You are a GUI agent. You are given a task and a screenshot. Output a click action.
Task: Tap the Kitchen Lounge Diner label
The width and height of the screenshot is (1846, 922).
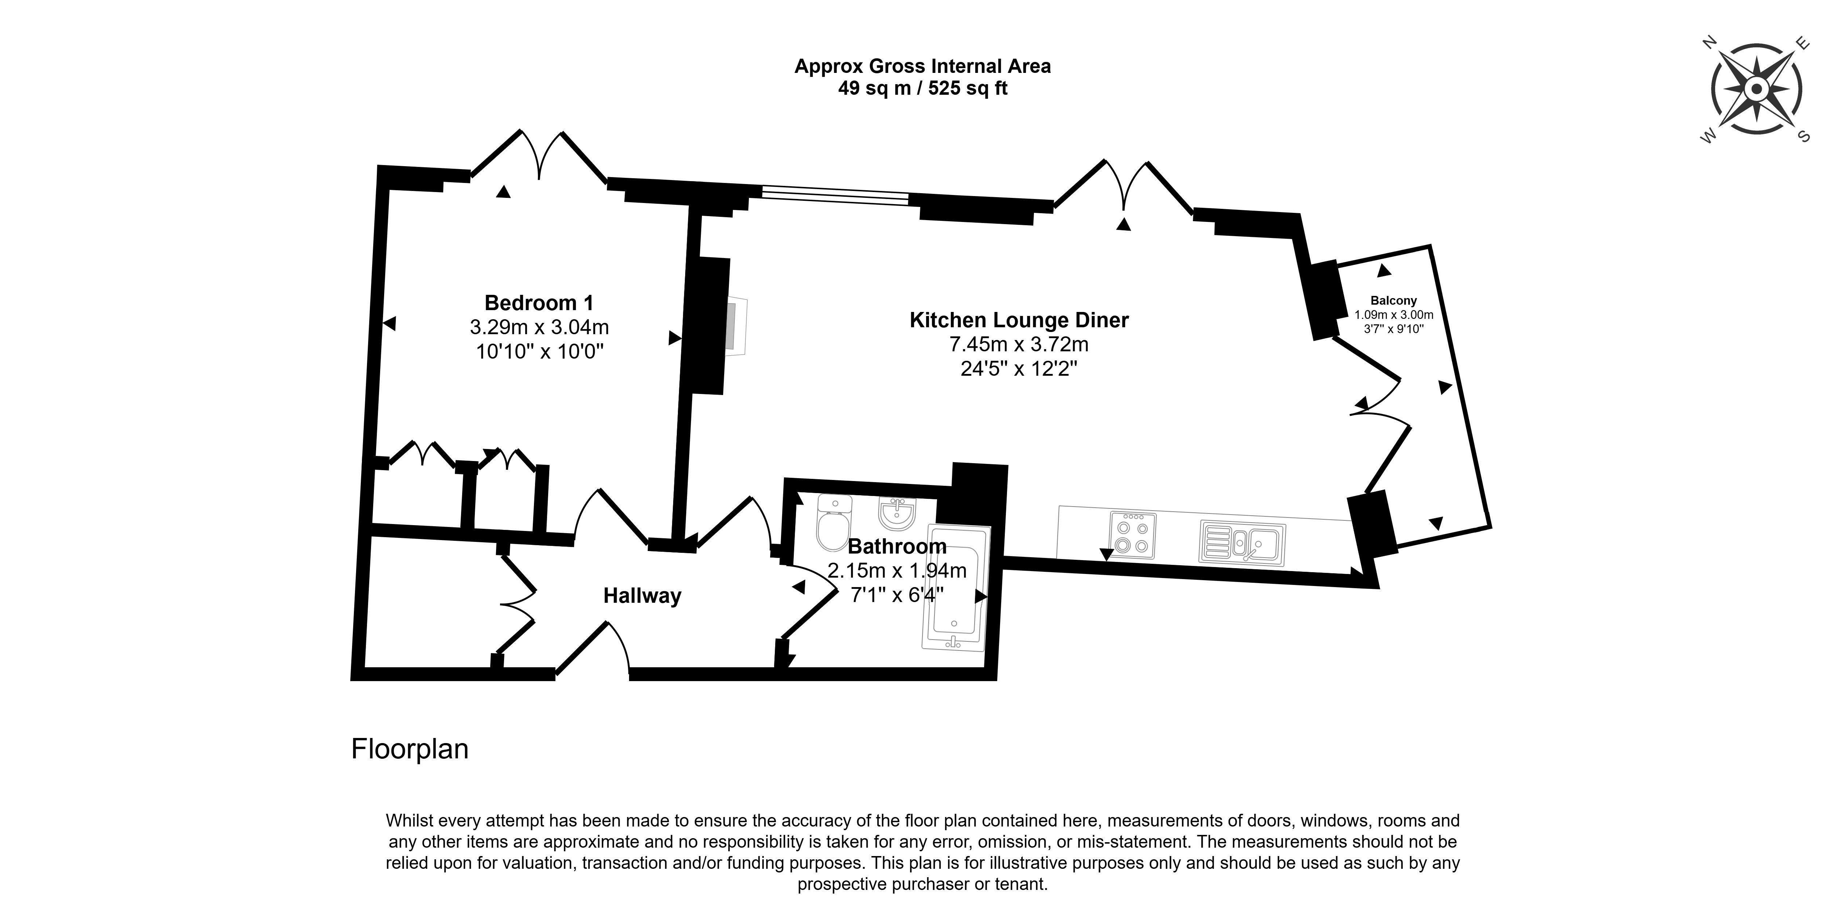coord(1019,320)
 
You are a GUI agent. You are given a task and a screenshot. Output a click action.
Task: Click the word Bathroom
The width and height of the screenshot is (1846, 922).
coord(897,547)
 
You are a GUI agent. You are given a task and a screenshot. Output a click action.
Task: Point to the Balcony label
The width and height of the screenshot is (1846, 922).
coord(1394,301)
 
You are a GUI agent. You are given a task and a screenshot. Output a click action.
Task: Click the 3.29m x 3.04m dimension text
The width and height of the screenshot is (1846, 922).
coord(539,327)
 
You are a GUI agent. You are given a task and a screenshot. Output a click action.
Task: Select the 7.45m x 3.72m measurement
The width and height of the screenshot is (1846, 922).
coord(1019,345)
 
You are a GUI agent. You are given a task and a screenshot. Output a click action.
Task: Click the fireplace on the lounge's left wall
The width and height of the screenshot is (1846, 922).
coord(736,326)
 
